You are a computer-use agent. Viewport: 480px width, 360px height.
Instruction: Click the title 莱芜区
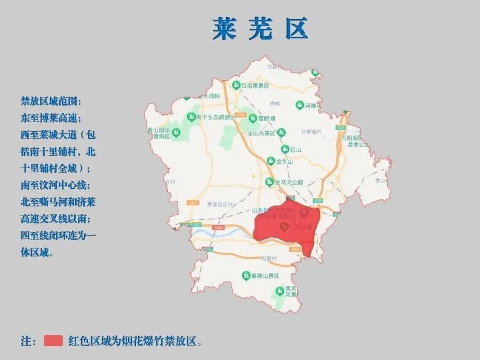pos(260,29)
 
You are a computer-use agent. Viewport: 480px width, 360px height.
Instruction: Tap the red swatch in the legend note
pos(53,341)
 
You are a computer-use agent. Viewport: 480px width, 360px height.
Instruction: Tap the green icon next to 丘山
pos(285,149)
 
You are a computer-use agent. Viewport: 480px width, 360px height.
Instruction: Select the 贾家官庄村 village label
pos(220,204)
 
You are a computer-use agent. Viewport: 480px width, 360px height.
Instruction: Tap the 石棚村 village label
pos(269,259)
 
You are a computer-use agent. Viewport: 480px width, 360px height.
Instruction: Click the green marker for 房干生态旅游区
pos(190,117)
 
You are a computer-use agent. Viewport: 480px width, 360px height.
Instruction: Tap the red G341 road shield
pos(217,228)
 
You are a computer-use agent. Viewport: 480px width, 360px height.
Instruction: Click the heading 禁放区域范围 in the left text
pos(52,101)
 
